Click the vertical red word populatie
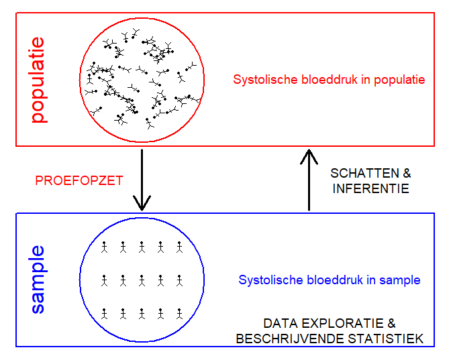(38, 80)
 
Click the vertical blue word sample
(38, 280)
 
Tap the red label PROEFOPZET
(79, 181)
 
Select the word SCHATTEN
(364, 173)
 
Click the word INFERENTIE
(370, 189)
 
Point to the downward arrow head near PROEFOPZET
(142, 203)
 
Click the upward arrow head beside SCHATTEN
(309, 157)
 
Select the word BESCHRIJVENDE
(290, 339)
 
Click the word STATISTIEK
(386, 339)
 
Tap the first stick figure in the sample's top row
(105, 247)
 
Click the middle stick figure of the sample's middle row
(142, 281)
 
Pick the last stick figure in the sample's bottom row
(179, 314)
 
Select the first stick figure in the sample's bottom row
(105, 314)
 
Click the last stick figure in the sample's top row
(179, 247)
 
